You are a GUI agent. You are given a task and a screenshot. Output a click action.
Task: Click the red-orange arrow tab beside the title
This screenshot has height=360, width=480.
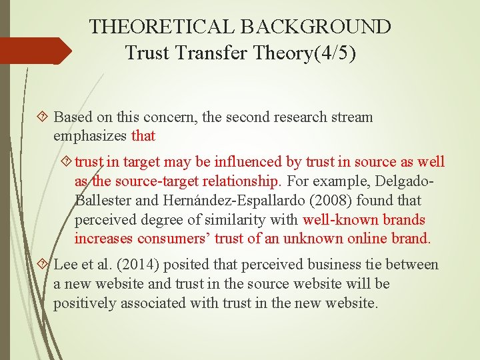36,51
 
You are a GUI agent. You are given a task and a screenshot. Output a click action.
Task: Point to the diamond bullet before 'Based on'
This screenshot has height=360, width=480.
44,117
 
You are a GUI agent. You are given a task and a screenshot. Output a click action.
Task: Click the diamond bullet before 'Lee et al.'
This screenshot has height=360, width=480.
44,265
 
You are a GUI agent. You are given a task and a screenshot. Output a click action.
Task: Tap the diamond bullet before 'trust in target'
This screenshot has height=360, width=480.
66,162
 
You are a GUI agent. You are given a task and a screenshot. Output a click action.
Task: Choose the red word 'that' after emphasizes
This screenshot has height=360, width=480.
144,136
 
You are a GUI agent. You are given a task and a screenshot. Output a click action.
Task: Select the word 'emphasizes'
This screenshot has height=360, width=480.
91,136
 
